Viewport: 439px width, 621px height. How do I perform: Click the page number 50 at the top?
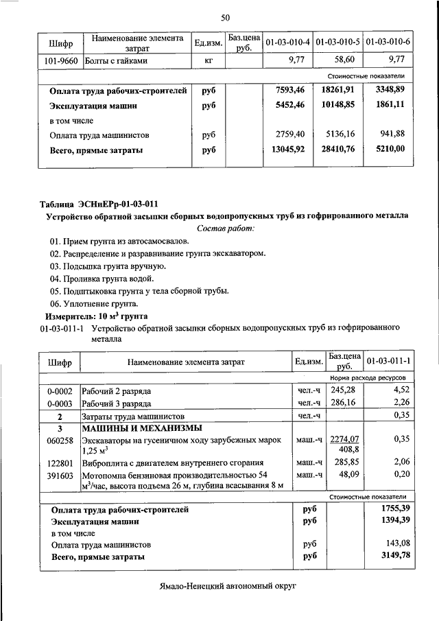(224, 17)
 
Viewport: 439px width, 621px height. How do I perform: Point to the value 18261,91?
(337, 91)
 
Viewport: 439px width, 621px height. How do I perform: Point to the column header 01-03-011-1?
(388, 361)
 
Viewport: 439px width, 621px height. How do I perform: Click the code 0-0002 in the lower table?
(60, 390)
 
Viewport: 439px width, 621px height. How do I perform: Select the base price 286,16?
(344, 403)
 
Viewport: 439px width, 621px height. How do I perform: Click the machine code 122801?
(60, 463)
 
